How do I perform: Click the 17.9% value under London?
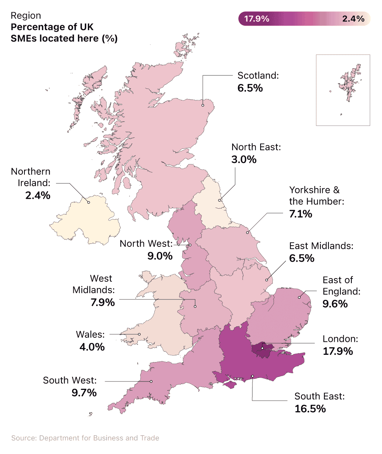338,351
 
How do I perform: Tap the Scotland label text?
258,75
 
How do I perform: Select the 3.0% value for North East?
244,159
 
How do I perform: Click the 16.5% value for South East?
310,409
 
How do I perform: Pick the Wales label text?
90,335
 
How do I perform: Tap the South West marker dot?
151,381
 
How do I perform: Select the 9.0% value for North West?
160,256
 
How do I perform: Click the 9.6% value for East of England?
335,304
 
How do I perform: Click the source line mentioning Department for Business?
85,438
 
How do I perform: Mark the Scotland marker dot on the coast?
203,105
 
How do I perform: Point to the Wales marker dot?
139,335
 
